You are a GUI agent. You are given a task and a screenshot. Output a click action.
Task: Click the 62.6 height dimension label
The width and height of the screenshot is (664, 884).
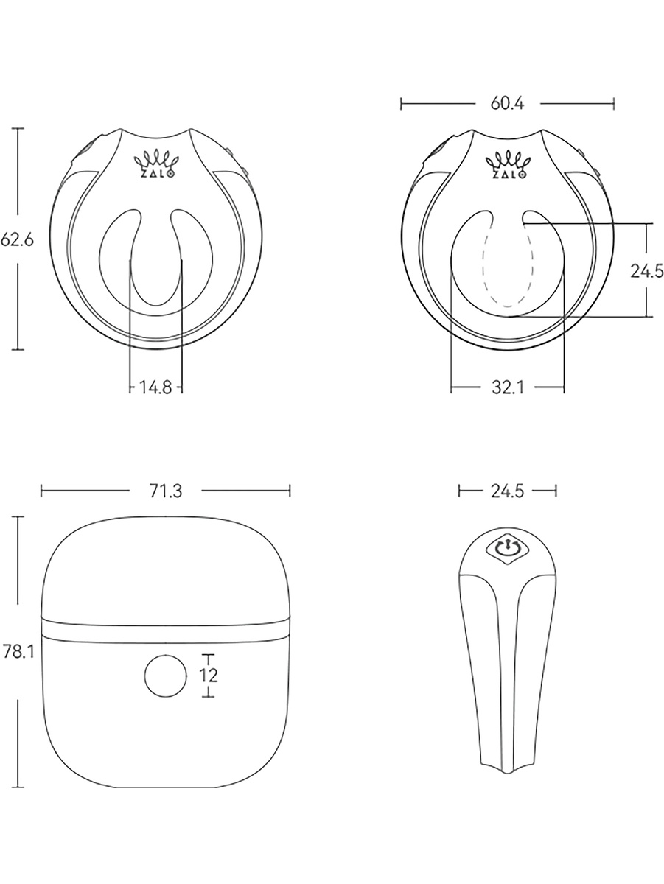[17, 240]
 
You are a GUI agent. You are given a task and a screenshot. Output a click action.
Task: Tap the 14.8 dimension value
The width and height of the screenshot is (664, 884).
[155, 387]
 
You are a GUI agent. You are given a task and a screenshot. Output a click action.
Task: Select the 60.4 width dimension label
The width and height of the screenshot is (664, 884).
[507, 104]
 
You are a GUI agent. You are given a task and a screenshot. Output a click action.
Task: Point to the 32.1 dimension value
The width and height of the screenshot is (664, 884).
[508, 387]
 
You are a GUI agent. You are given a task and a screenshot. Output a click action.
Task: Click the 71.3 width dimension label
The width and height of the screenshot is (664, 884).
[166, 491]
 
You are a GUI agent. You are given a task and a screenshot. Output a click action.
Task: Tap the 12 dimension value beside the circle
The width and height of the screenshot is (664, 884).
[209, 675]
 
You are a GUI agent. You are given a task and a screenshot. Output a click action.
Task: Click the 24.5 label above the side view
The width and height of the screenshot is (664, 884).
[507, 491]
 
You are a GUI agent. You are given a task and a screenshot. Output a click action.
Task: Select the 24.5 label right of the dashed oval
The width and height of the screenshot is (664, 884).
[646, 271]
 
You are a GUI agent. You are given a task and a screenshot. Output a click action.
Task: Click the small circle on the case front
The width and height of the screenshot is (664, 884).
[166, 676]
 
